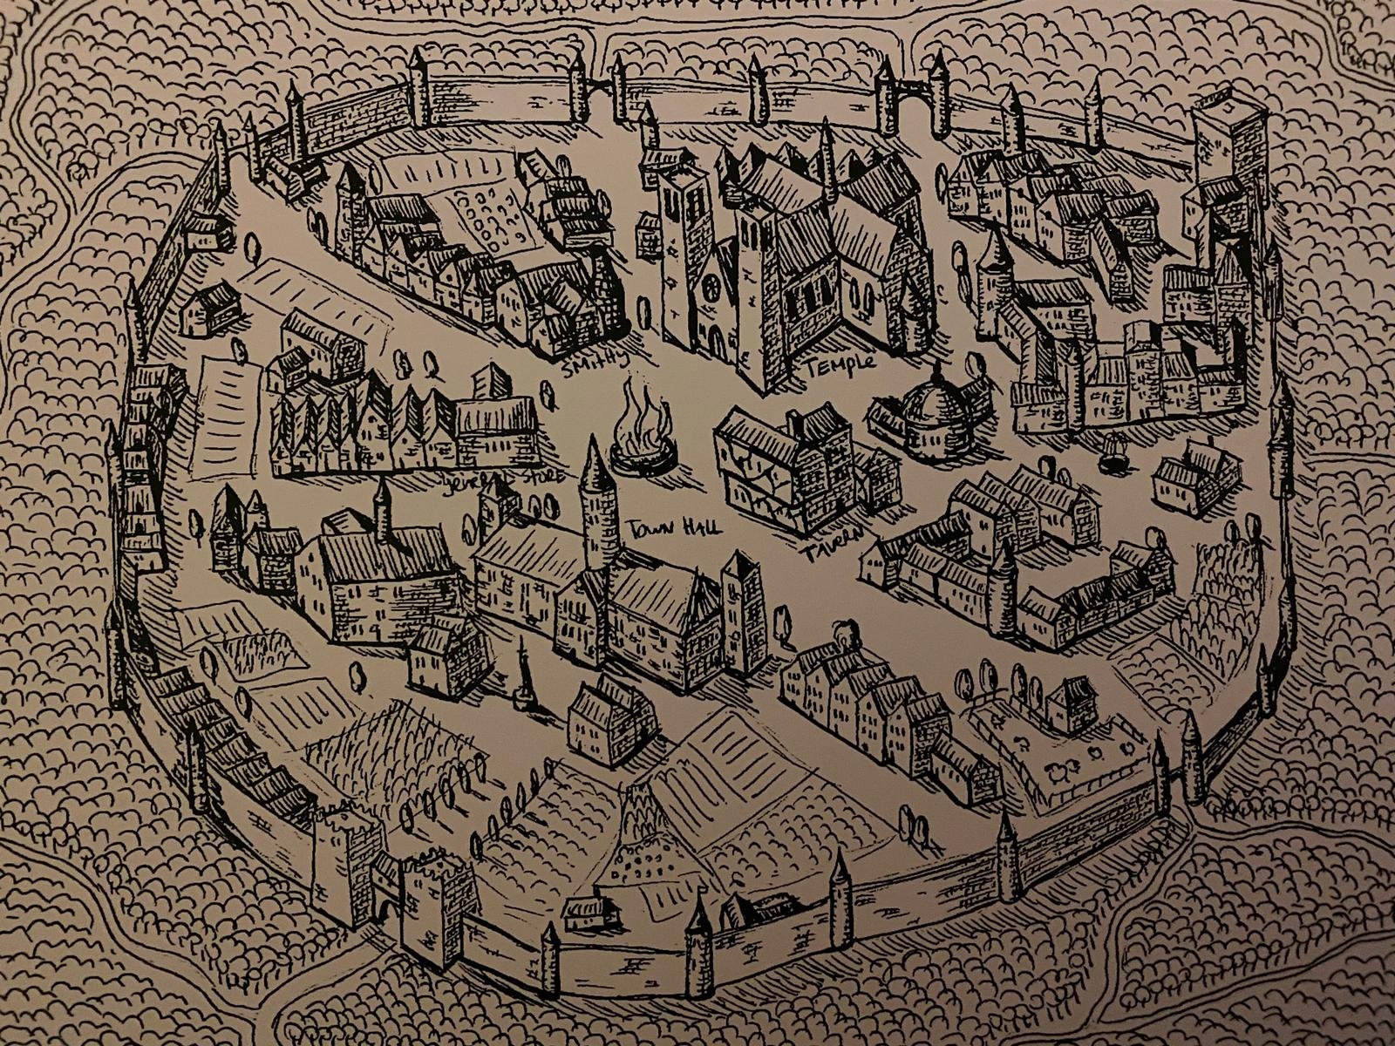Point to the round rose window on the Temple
(x=711, y=286)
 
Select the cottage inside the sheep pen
(x=1072, y=703)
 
